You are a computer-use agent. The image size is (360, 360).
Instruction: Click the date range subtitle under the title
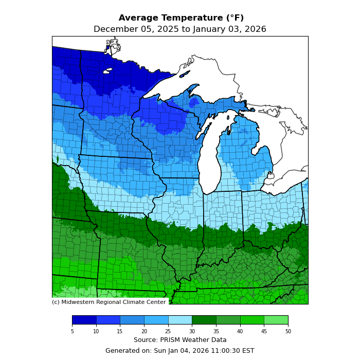[180, 29]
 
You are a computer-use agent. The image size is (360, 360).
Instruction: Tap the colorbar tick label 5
[72, 332]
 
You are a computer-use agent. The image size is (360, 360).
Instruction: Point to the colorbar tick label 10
[96, 332]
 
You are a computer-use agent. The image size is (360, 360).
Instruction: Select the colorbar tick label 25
[168, 332]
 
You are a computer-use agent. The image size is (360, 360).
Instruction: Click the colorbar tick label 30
[192, 332]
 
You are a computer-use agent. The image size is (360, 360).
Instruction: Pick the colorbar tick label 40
[240, 332]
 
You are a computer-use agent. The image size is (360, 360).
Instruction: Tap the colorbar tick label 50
[288, 332]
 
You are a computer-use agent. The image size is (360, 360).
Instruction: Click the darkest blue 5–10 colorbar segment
[84, 320]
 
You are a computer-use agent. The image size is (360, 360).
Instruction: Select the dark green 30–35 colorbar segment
[204, 320]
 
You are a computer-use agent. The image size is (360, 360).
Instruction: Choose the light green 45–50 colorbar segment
[276, 320]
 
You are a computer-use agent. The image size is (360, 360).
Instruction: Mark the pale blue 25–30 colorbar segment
[180, 320]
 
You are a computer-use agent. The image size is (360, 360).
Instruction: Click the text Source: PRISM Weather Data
[180, 340]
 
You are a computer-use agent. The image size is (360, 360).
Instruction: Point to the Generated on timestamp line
[180, 351]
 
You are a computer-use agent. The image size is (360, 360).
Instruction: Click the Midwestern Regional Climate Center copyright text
[109, 302]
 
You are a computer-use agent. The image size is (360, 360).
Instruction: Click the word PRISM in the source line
[172, 340]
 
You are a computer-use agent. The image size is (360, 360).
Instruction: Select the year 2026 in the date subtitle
[255, 29]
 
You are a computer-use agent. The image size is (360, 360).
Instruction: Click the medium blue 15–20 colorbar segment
[132, 320]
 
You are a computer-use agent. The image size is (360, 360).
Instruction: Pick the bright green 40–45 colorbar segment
[252, 320]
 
